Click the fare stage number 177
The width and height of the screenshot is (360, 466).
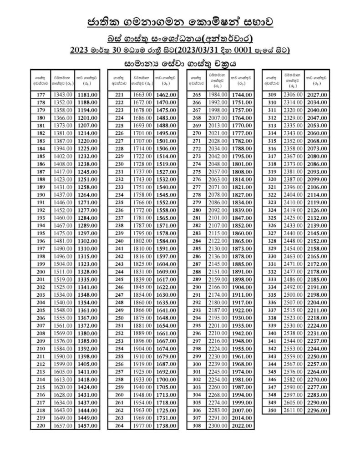[x=40, y=95]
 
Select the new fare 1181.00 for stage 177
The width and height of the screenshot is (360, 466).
[x=87, y=95]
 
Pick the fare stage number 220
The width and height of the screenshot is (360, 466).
[x=40, y=425]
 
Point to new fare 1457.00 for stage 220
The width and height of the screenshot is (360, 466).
[x=87, y=425]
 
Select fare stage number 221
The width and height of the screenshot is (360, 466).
[x=119, y=95]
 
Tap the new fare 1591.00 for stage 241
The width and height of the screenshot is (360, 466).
[x=166, y=249]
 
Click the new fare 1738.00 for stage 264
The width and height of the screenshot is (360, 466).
[x=166, y=425]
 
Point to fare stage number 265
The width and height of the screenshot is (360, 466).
[x=197, y=95]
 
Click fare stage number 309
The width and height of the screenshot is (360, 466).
[x=273, y=95]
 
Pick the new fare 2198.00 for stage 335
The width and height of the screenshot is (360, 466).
[x=318, y=295]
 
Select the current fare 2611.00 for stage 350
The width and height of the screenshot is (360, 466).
[x=294, y=410]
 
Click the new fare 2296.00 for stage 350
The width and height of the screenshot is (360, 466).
[x=318, y=410]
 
